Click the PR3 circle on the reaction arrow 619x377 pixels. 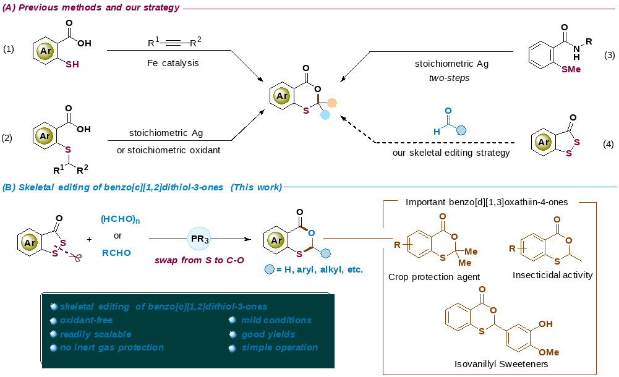199,238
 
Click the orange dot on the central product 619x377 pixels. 332,103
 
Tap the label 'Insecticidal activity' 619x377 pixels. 552,275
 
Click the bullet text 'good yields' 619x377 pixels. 268,334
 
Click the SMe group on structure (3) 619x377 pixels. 571,70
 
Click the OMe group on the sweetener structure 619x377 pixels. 549,352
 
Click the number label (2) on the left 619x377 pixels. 8,137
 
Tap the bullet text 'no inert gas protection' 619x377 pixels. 112,347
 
